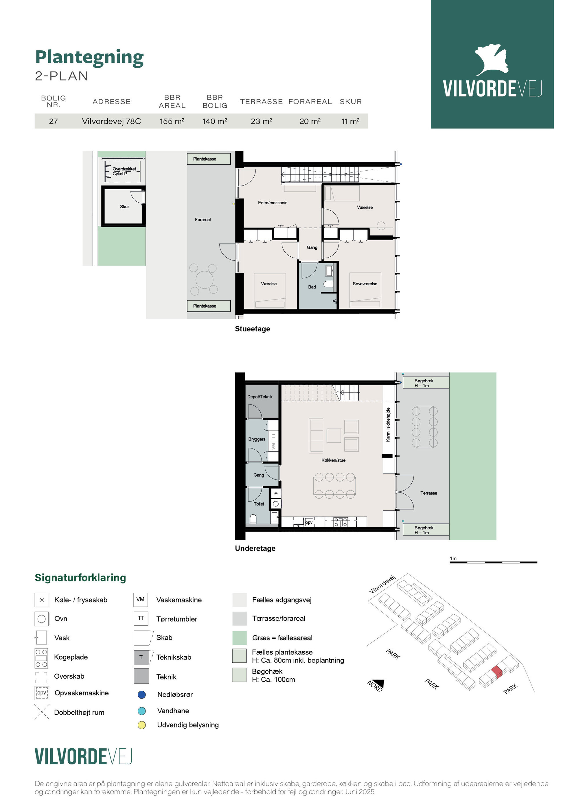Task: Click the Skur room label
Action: (x=124, y=207)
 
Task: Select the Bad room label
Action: (x=312, y=287)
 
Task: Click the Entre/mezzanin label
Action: (x=272, y=203)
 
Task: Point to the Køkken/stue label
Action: (x=333, y=460)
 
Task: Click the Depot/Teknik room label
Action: (x=260, y=397)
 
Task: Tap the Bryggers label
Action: (x=256, y=439)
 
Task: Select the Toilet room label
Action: (x=259, y=504)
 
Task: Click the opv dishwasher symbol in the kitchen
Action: (x=309, y=522)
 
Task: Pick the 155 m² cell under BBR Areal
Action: (x=172, y=121)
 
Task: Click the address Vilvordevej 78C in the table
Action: (x=111, y=121)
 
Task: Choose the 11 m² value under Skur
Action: (x=350, y=121)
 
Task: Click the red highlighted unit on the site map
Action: (x=496, y=672)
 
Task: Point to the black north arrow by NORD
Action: (x=379, y=683)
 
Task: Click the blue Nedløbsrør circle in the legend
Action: (x=141, y=695)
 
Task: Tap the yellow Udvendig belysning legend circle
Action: (x=141, y=725)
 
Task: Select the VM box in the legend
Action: (x=140, y=600)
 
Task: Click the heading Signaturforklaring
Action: (x=80, y=578)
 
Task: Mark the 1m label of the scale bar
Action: (x=453, y=559)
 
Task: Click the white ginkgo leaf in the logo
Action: (x=492, y=60)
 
